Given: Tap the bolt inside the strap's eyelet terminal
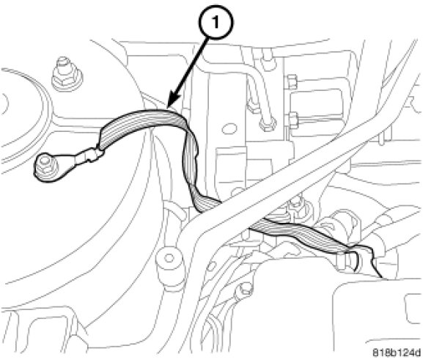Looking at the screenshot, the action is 44,163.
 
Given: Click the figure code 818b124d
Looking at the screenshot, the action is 397,352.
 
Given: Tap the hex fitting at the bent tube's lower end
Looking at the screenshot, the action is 268,123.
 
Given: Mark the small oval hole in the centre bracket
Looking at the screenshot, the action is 229,128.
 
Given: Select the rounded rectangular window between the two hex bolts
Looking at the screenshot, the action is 316,100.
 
